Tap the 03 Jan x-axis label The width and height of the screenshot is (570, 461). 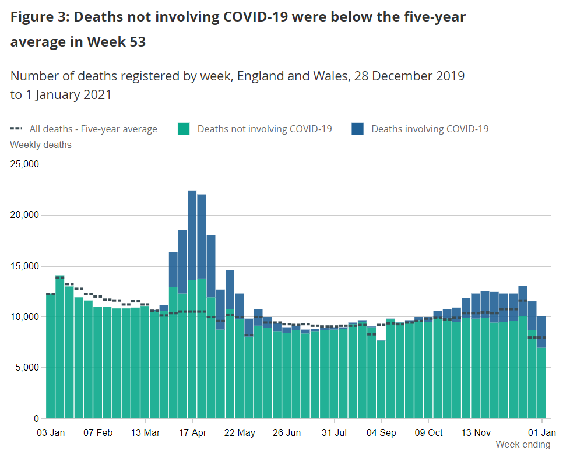(51, 433)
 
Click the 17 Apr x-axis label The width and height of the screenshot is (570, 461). (192, 433)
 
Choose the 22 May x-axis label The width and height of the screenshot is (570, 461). (240, 433)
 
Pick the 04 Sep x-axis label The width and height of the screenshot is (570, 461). (382, 433)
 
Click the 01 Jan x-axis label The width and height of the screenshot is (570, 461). (542, 433)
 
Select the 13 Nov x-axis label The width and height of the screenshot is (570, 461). (476, 433)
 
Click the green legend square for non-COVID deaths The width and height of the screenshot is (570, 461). (184, 129)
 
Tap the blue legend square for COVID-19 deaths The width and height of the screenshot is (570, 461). (358, 129)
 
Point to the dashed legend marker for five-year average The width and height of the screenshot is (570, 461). (17, 129)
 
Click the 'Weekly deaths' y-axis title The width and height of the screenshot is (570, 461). (41, 145)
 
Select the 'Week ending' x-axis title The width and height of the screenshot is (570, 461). (523, 445)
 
